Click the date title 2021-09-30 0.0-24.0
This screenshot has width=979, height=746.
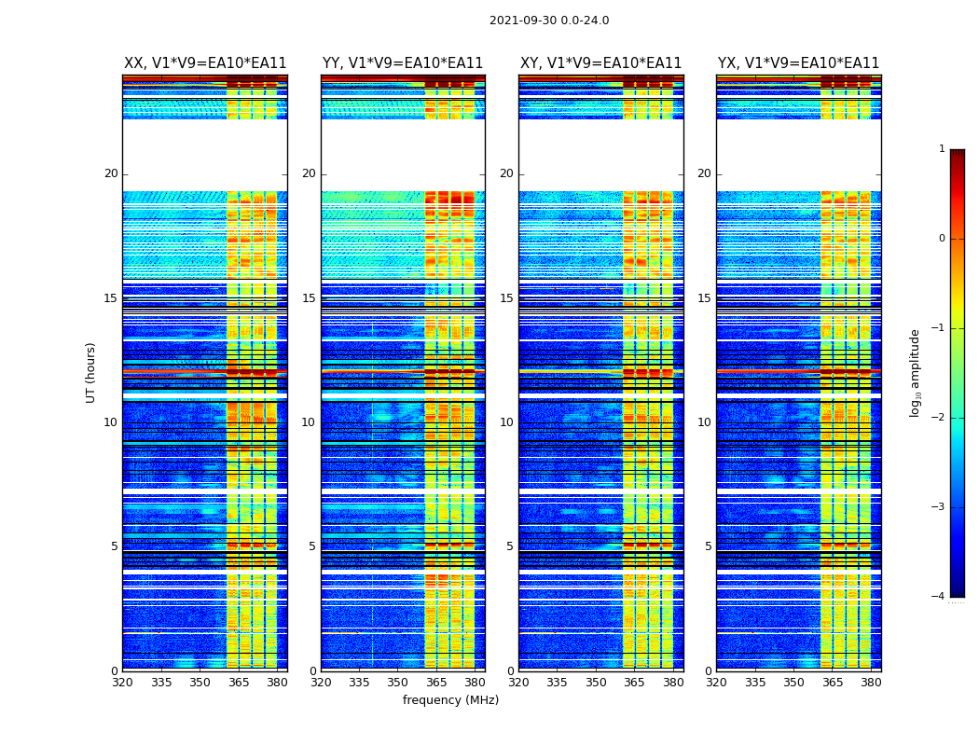click(549, 21)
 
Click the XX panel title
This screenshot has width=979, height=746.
click(205, 63)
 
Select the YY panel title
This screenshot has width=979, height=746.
click(403, 63)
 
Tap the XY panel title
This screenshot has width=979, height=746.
click(601, 63)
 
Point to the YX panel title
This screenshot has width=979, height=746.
click(799, 63)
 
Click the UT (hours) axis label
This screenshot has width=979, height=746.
click(91, 372)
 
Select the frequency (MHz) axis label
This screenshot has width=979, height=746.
click(450, 700)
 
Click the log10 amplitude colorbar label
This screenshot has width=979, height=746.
click(916, 372)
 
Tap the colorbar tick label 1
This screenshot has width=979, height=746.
click(942, 149)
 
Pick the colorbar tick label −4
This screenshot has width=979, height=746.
click(939, 597)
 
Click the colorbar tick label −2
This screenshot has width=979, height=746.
click(939, 418)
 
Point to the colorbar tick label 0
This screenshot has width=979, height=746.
click(942, 239)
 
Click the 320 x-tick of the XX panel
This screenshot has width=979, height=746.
click(122, 683)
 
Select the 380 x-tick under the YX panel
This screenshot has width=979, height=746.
click(871, 683)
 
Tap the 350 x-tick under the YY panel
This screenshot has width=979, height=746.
click(398, 683)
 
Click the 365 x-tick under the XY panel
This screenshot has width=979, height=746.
click(634, 683)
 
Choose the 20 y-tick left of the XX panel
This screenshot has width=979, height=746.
click(111, 173)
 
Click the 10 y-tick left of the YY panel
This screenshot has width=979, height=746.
click(309, 422)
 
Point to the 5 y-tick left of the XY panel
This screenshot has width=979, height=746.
click(510, 546)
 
